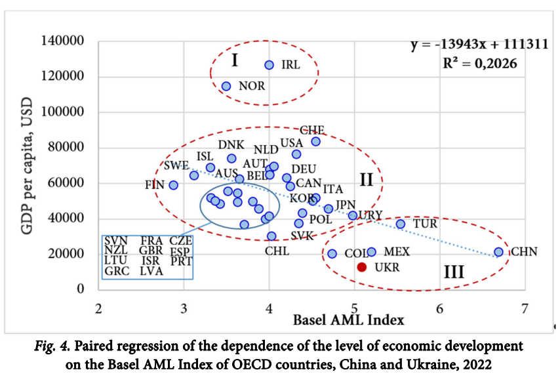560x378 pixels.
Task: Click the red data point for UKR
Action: click(361, 267)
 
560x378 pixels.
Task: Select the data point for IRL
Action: click(269, 65)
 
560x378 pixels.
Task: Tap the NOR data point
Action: click(226, 86)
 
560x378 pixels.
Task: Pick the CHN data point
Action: click(499, 252)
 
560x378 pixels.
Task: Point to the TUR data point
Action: click(401, 224)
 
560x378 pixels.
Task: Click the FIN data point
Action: click(173, 185)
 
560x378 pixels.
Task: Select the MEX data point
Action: click(372, 252)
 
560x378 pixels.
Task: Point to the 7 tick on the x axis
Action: click(525, 308)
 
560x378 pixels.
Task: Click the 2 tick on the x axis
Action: click(98, 308)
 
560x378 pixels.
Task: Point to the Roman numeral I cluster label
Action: click(234, 61)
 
